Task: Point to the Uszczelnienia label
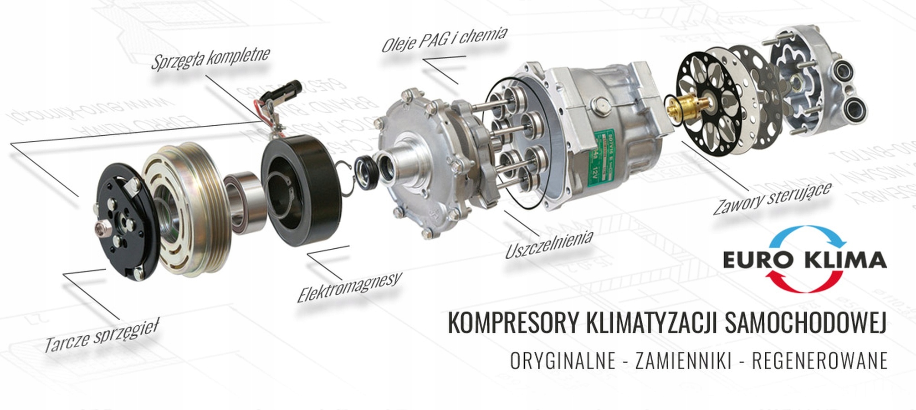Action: click(x=549, y=244)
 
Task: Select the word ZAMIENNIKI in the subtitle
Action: click(x=683, y=361)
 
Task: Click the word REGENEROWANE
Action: click(x=819, y=361)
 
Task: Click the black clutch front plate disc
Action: click(x=123, y=221)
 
